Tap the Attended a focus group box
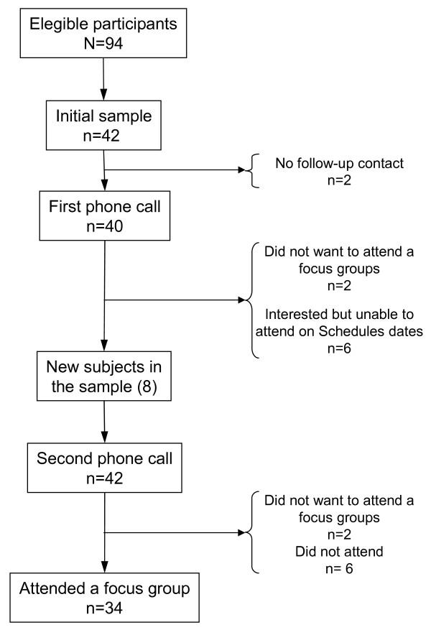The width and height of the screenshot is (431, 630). (105, 600)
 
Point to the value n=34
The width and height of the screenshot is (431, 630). (105, 611)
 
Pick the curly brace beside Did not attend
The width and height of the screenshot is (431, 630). (250, 533)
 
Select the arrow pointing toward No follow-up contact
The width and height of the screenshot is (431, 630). (172, 170)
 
